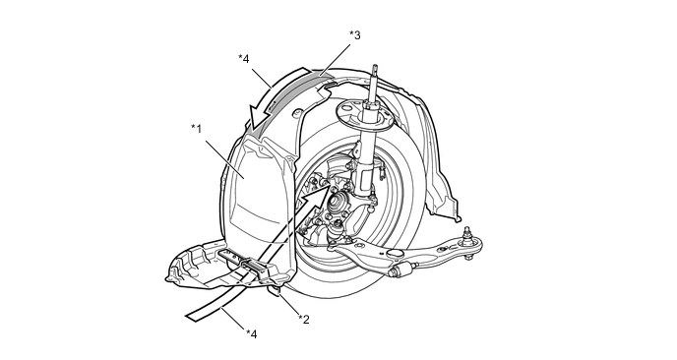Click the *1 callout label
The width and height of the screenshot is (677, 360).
pyautogui.click(x=197, y=129)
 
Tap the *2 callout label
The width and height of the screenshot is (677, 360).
pyautogui.click(x=304, y=320)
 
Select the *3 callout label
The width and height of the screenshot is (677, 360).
pyautogui.click(x=355, y=35)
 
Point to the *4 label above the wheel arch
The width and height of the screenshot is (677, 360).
pyautogui.click(x=244, y=59)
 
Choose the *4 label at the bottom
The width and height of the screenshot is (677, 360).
pyautogui.click(x=252, y=334)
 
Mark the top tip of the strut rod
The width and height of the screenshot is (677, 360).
pyautogui.click(x=375, y=67)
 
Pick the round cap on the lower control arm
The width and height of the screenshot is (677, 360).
pyautogui.click(x=394, y=254)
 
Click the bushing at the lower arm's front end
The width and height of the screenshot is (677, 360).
pyautogui.click(x=399, y=271)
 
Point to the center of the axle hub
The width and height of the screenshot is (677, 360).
pyautogui.click(x=335, y=202)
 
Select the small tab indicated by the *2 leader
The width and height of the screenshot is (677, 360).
pyautogui.click(x=276, y=290)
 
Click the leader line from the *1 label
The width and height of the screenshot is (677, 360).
pyautogui.click(x=225, y=158)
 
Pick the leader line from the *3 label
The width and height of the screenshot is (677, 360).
pyautogui.click(x=336, y=59)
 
